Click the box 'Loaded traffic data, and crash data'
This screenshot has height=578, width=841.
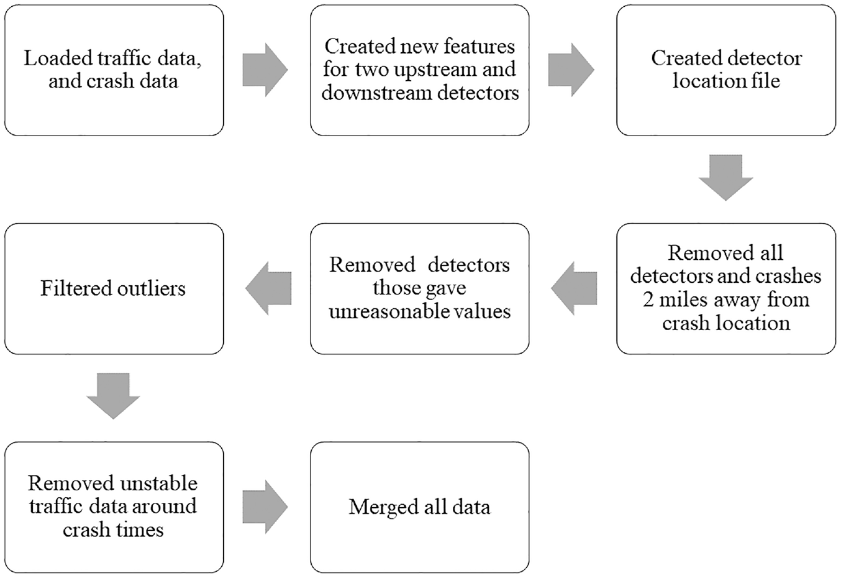(x=114, y=70)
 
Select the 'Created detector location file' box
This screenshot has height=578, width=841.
(x=726, y=70)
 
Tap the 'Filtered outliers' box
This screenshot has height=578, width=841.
(x=114, y=289)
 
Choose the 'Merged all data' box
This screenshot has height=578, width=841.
(x=420, y=507)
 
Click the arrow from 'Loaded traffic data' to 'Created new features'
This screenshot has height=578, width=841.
(x=265, y=70)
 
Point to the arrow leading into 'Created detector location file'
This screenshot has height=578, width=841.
(x=571, y=70)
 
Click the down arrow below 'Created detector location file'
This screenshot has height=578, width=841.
(x=725, y=178)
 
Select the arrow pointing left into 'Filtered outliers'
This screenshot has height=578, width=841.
(x=268, y=288)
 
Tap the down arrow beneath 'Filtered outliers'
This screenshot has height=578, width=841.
(x=113, y=396)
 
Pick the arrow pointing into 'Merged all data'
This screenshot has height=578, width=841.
(x=265, y=507)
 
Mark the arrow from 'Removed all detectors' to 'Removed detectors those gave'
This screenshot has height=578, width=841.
(x=574, y=288)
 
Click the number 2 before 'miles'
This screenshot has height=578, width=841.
(x=648, y=300)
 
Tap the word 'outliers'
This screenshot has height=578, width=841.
(x=152, y=288)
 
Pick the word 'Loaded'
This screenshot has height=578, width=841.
(x=58, y=58)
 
